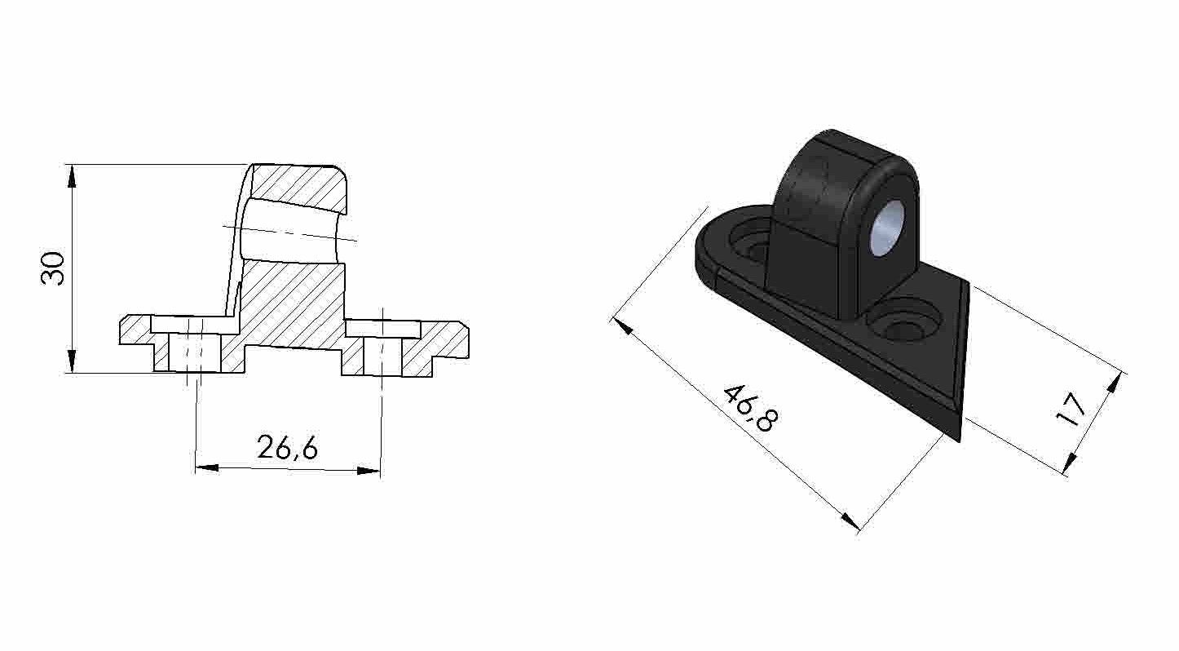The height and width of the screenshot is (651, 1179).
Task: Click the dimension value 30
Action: point(53,268)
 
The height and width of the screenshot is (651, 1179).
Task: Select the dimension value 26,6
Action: point(287,447)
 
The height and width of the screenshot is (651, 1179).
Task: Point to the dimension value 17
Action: point(1071,410)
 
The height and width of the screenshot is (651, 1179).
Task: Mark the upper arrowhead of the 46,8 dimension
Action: point(620,326)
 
